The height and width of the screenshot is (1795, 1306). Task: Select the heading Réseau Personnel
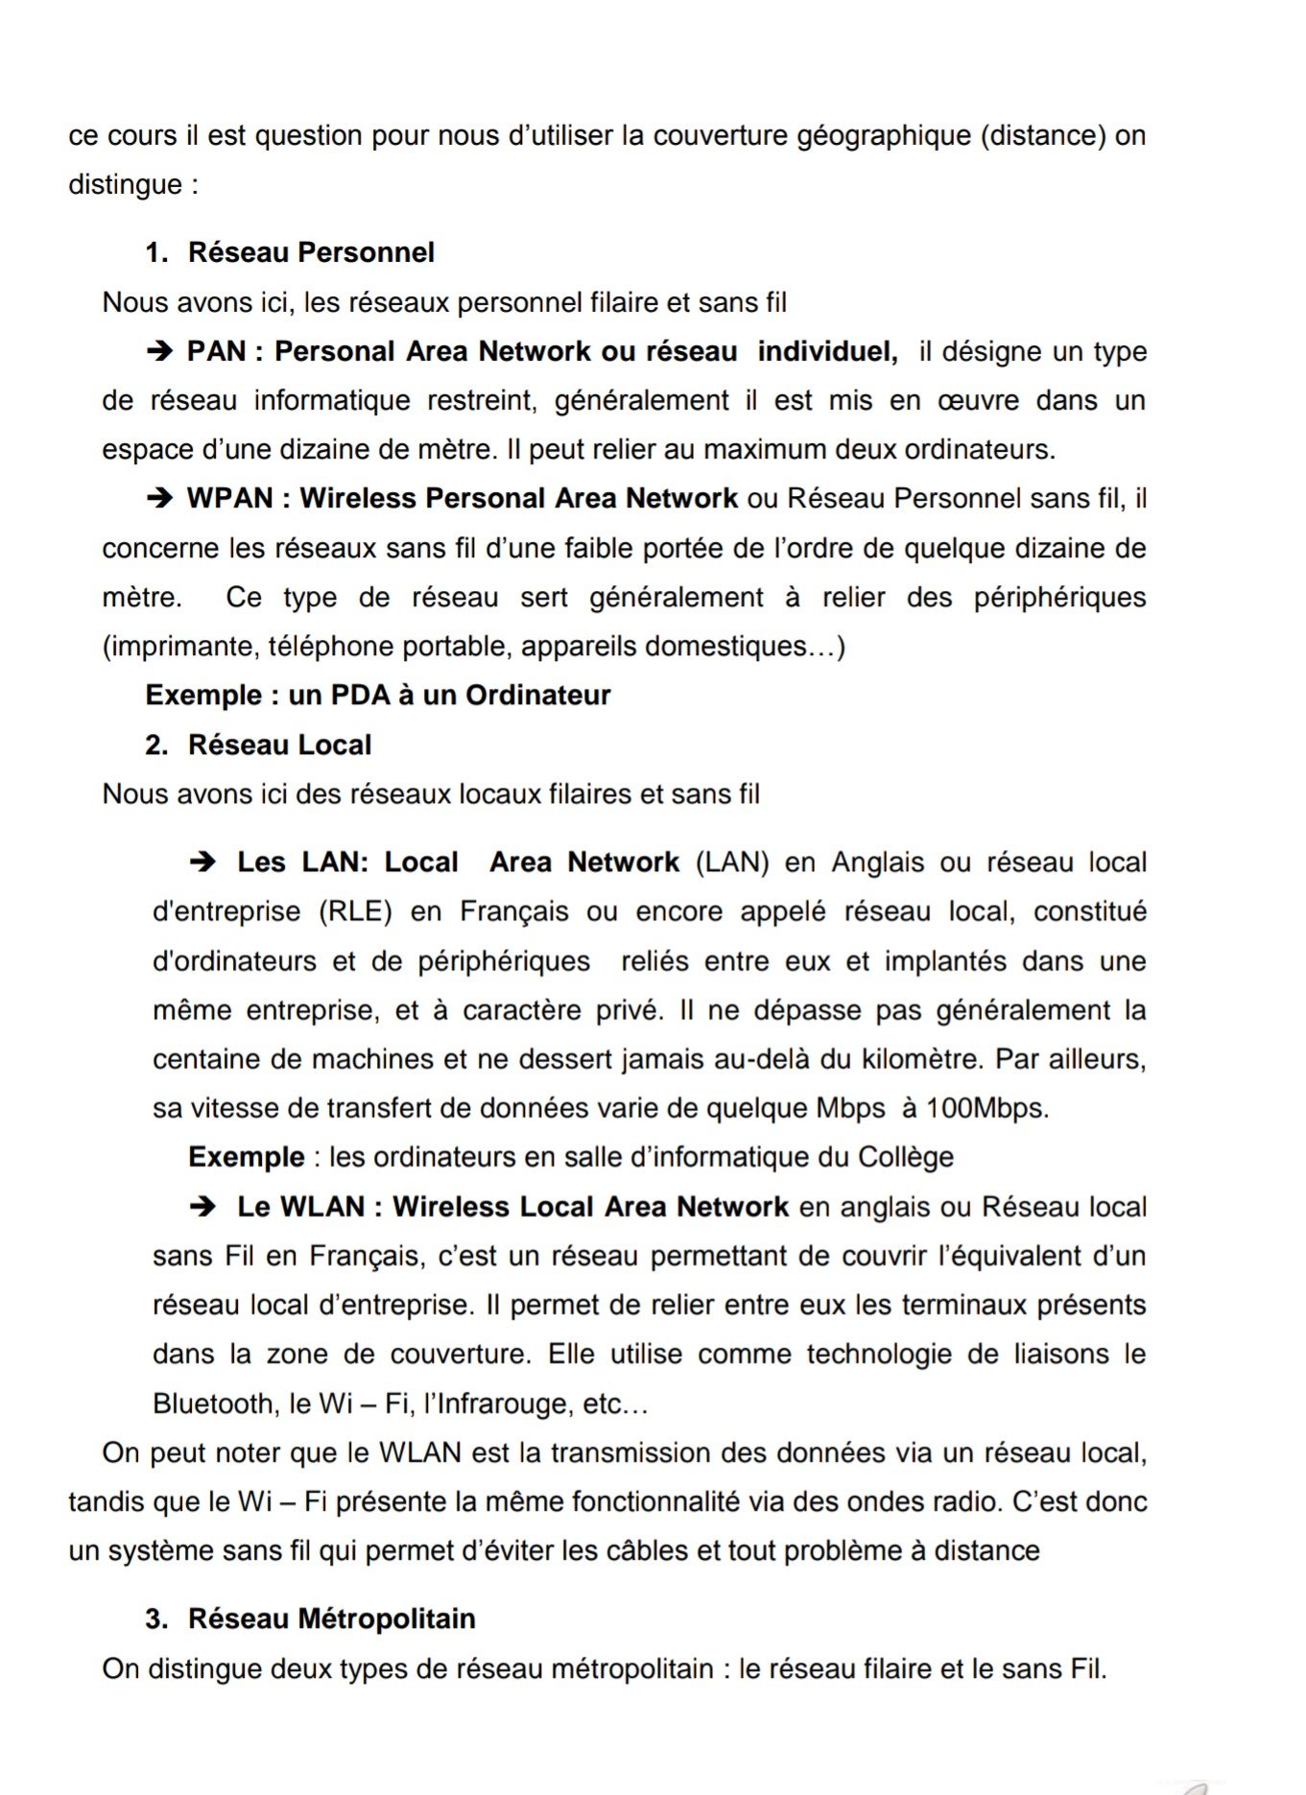click(x=311, y=252)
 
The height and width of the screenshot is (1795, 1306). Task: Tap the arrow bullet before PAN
click(x=159, y=351)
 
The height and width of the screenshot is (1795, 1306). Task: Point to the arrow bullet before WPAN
click(x=159, y=498)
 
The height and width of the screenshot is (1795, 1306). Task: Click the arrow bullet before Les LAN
click(x=202, y=862)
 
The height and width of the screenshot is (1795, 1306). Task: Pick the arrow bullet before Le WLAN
click(x=202, y=1207)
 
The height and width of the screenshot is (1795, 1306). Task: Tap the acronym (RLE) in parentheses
click(x=355, y=911)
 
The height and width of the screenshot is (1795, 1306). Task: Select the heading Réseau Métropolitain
click(x=331, y=1618)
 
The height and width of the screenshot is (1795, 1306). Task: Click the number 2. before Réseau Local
click(x=156, y=744)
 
